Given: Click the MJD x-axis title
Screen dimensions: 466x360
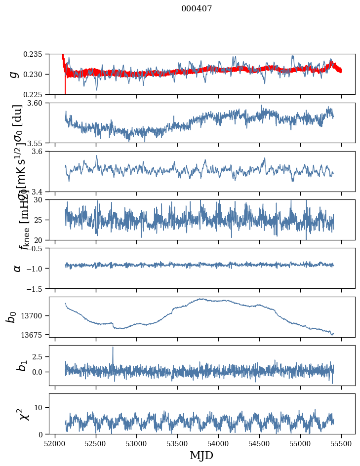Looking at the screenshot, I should [x=201, y=455].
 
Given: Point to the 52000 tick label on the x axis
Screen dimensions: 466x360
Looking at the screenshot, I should [x=55, y=443].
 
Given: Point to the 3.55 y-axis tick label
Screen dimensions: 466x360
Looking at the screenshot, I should [x=39, y=143].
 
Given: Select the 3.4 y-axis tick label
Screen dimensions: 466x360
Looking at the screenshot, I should [x=41, y=191].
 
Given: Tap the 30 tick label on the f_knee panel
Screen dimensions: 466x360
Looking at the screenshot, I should [x=42, y=199].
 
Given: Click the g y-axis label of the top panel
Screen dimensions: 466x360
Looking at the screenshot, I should [x=15, y=74].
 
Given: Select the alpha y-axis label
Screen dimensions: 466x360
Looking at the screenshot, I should [x=17, y=268].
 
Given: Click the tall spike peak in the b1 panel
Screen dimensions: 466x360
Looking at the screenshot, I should [x=113, y=347].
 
